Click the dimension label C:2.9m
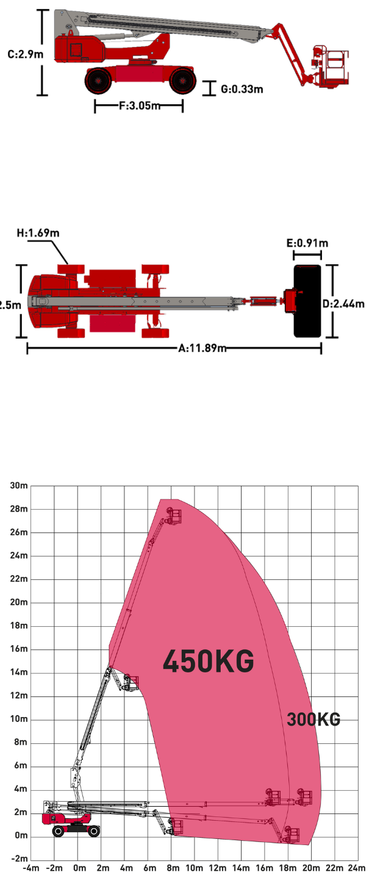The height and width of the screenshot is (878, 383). click(25, 54)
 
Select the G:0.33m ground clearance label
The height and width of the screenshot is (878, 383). click(242, 89)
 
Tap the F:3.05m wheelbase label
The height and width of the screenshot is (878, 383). click(140, 106)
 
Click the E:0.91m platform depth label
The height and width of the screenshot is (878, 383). click(307, 243)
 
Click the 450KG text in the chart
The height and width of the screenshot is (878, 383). click(208, 662)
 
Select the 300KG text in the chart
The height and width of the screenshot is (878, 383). click(313, 719)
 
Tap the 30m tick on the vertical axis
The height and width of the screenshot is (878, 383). click(19, 486)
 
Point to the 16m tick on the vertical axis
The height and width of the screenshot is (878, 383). click(19, 649)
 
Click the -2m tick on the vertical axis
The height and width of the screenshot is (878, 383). click(19, 858)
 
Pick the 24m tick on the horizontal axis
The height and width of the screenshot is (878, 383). click(357, 868)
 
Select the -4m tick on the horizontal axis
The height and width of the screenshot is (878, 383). click(31, 868)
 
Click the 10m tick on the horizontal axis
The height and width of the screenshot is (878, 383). click(194, 868)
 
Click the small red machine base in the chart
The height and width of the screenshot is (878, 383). click(66, 819)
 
